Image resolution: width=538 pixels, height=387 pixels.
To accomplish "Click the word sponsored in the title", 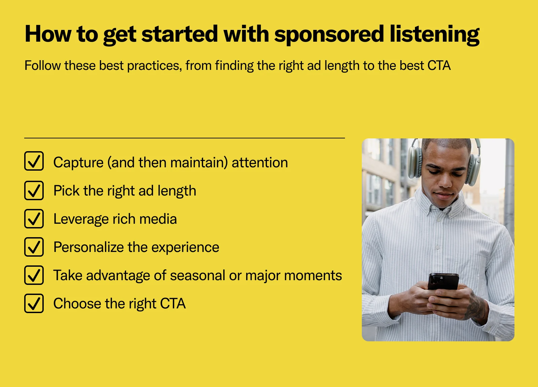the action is click(x=329, y=35).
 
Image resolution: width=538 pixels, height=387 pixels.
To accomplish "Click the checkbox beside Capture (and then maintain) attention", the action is click(x=34, y=161).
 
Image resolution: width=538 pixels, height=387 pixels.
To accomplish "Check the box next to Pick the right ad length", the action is click(x=34, y=190).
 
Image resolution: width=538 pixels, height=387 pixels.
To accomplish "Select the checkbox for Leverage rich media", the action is click(x=34, y=219).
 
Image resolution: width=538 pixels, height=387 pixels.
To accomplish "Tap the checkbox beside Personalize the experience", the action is click(x=34, y=247).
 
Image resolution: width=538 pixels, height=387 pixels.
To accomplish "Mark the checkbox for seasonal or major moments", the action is click(x=34, y=275).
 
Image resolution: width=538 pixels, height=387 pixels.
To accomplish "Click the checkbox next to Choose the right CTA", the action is click(x=34, y=303).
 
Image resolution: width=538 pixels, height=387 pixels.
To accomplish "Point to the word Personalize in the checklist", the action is click(x=88, y=247).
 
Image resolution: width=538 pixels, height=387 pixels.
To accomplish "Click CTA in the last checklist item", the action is click(x=173, y=303).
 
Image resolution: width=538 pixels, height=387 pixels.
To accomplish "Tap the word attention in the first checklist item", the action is click(x=260, y=163).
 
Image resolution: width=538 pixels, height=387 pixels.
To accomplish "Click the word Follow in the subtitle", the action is click(x=43, y=66).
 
